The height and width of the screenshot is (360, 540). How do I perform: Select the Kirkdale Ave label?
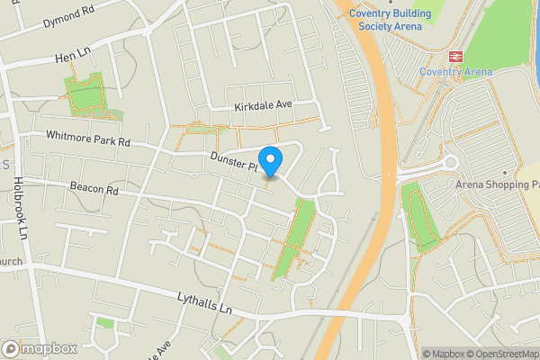(x=264, y=105)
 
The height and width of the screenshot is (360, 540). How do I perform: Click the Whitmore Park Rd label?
(x=89, y=139)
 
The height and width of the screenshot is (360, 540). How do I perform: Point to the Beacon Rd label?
(x=94, y=190)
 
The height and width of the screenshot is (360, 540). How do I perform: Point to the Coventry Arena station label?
(x=454, y=72)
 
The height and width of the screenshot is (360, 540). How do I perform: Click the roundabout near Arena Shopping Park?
(x=447, y=163)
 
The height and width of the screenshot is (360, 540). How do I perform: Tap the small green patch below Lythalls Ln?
(x=105, y=323)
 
